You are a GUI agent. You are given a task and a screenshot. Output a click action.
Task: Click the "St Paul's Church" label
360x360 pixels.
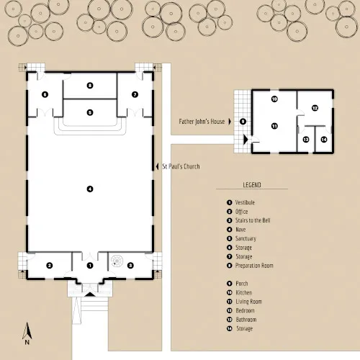tap(180, 166)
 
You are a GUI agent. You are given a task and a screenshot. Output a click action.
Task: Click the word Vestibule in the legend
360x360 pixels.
tap(246, 202)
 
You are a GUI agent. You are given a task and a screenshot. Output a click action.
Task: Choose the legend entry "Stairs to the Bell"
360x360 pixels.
tap(253, 220)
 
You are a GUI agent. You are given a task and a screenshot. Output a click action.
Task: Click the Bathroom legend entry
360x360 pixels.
tap(246, 319)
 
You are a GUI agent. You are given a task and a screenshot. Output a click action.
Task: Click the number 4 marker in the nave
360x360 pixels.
tap(90, 189)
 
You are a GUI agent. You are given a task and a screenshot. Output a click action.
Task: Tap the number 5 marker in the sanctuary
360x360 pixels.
tap(90, 112)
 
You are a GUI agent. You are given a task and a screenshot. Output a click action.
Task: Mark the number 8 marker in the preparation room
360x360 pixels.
tap(90, 85)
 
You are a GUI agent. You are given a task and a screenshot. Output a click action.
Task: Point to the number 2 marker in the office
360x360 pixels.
tap(50, 266)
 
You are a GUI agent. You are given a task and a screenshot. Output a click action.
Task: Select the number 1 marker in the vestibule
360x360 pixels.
tap(90, 266)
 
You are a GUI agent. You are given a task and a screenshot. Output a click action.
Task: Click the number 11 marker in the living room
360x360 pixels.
tap(274, 125)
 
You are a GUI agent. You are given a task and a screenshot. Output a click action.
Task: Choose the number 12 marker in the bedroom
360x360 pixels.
tap(315, 108)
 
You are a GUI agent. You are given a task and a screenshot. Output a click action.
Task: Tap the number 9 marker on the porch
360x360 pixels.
tap(243, 121)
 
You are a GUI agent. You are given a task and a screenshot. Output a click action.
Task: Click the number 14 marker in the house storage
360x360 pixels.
tap(323, 139)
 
